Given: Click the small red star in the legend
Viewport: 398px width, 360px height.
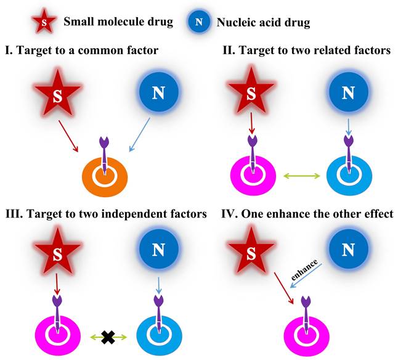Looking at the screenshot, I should click(44, 23).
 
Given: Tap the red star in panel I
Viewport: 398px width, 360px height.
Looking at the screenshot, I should click(57, 94).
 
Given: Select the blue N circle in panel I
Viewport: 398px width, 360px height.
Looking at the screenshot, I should click(158, 94).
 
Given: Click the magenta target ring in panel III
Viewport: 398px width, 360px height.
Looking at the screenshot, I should click(59, 335).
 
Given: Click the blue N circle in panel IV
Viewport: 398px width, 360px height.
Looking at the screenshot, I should click(348, 252).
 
